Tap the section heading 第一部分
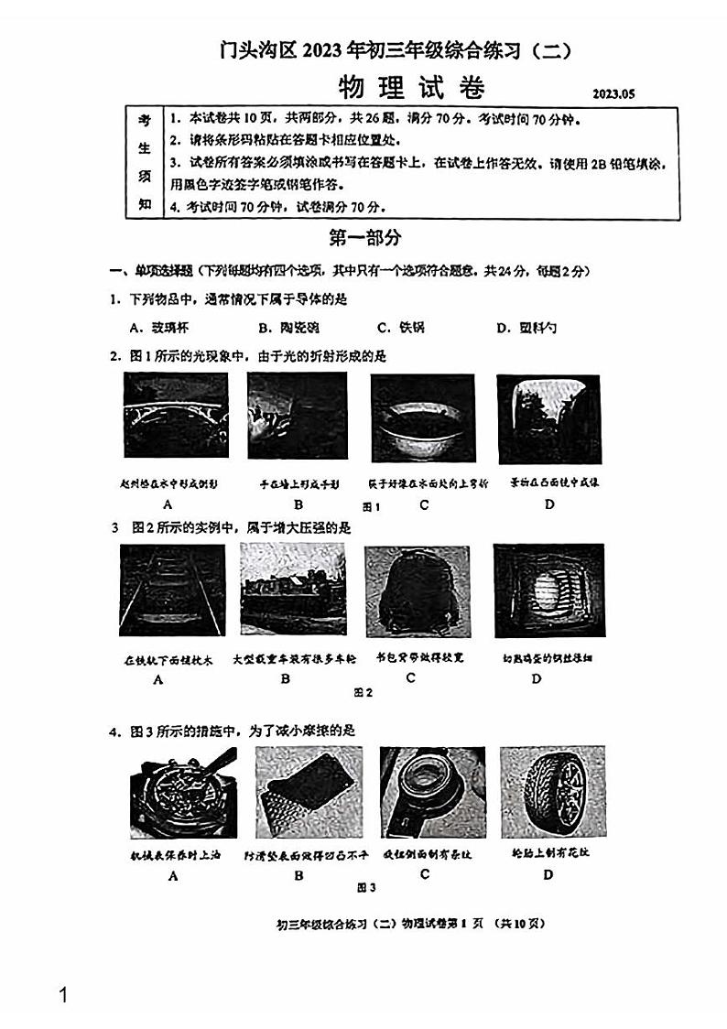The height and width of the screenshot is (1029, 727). coord(364,238)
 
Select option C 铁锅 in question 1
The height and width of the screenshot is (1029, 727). coord(401,328)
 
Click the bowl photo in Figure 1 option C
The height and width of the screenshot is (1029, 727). coord(423,418)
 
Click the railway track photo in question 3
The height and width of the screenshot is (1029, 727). coord(171,590)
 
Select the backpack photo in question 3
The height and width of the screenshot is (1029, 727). coord(417,591)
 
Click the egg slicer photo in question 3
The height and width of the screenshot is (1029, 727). coord(548,590)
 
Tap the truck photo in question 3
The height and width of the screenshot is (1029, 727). coord(292,589)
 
